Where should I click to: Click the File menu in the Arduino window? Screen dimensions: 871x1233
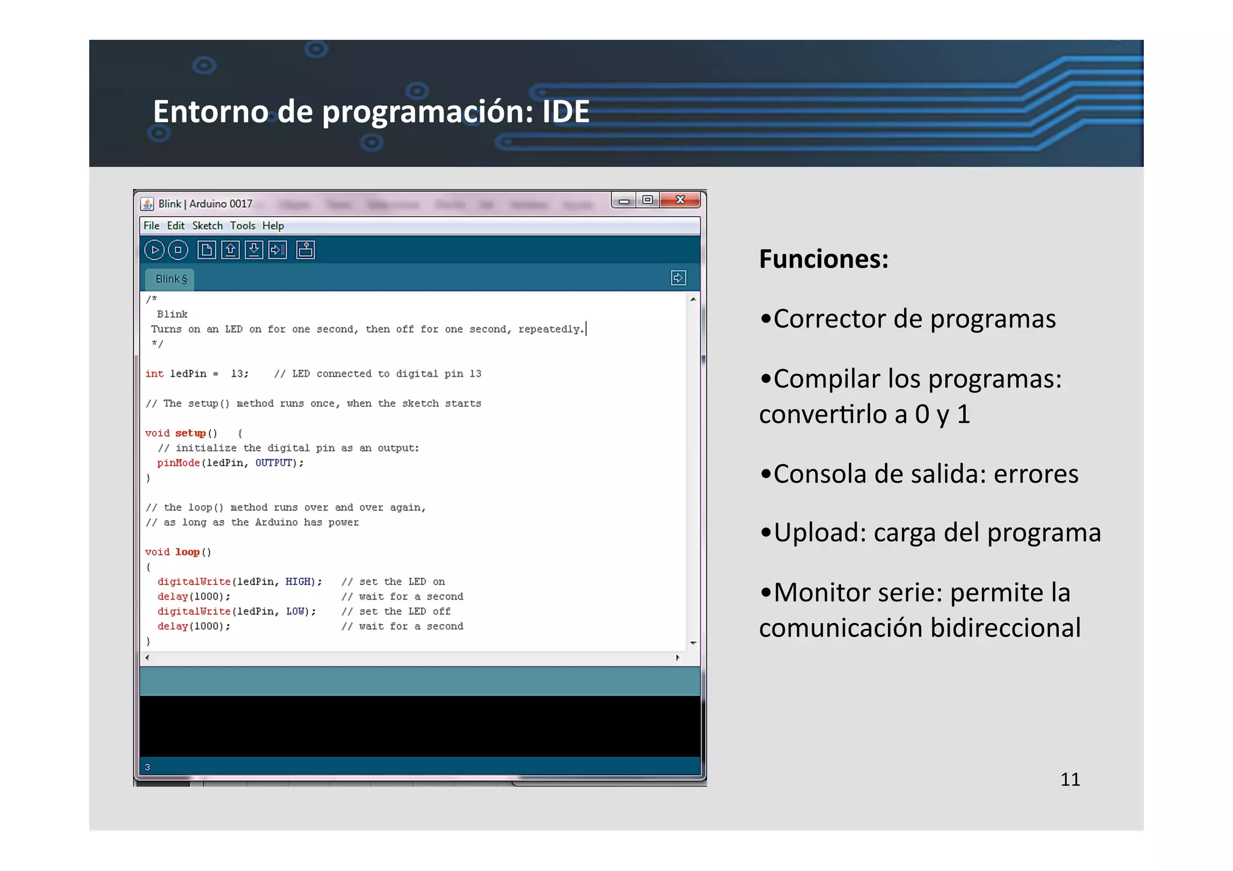(151, 226)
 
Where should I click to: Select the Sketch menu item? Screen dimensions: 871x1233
(207, 226)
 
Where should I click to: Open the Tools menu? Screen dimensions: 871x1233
(243, 226)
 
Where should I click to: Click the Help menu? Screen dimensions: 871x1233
(273, 226)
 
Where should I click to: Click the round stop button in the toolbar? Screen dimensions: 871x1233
(178, 250)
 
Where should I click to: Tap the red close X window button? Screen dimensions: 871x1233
(680, 200)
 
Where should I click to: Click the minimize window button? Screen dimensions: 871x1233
(624, 201)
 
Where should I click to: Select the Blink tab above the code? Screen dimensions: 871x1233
(171, 279)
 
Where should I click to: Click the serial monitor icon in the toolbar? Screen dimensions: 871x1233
(305, 250)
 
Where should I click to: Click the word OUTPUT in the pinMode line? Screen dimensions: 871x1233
(274, 463)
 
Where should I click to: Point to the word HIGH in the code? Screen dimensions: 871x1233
(298, 581)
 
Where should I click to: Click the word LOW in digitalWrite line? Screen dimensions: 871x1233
(295, 612)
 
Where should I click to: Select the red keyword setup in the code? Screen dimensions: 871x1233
(190, 433)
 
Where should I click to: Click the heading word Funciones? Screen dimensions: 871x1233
(823, 259)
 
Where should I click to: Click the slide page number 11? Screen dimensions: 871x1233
(1070, 780)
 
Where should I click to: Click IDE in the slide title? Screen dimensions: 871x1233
(565, 112)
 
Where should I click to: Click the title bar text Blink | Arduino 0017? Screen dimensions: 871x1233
(205, 204)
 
